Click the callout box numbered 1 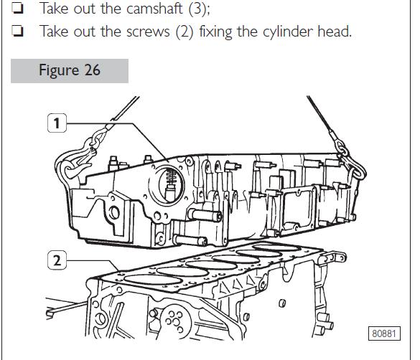tap(57, 123)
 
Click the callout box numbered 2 tap(57, 260)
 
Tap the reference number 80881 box tap(384, 333)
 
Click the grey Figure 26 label tap(70, 70)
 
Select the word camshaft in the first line tap(154, 9)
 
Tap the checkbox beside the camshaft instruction tap(17, 9)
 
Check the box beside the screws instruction tap(17, 31)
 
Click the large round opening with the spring tap(168, 185)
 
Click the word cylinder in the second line tap(288, 32)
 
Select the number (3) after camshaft tap(199, 9)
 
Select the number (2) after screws tap(185, 32)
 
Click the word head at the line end tap(335, 31)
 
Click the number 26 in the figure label tap(92, 70)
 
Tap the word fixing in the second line tap(215, 32)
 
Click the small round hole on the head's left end tap(114, 213)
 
